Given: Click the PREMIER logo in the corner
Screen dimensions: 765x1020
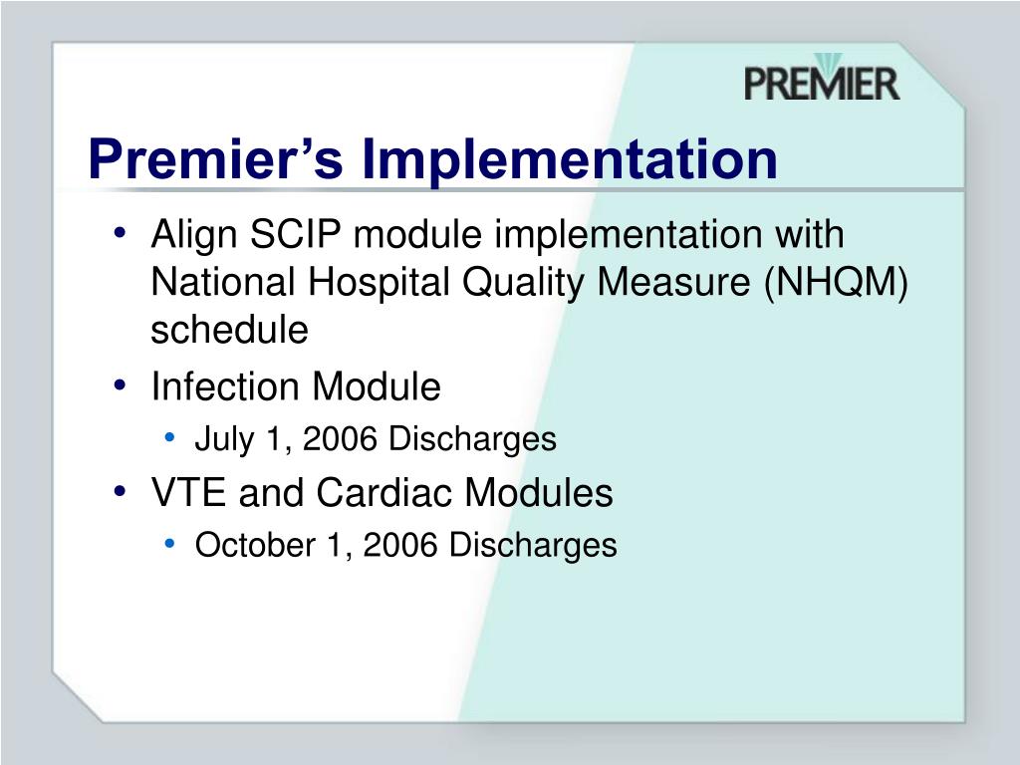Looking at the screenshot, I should click(x=821, y=79).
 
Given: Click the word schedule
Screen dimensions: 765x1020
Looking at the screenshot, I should click(x=229, y=330).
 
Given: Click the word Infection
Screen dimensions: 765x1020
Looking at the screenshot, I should click(x=225, y=386).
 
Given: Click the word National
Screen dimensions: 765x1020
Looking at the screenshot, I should click(x=223, y=283).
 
